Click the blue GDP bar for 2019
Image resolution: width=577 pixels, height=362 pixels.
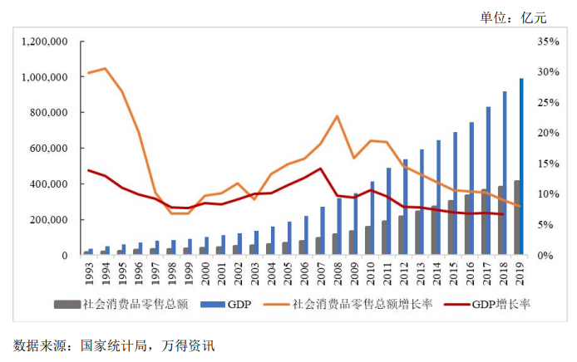[x=522, y=167]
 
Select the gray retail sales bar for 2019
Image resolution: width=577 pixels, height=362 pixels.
[x=516, y=218]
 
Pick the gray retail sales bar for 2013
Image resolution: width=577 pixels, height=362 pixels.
[x=418, y=233]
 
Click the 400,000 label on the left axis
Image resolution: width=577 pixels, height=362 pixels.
[x=47, y=184]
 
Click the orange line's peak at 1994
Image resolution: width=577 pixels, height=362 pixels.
[x=105, y=68]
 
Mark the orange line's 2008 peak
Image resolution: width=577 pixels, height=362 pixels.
[x=336, y=116]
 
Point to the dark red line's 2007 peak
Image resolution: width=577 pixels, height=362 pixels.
[x=319, y=169]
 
